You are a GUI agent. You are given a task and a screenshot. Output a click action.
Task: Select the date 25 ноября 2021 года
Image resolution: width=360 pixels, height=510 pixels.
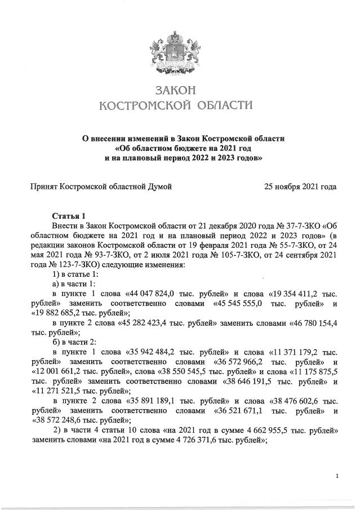[x=300, y=186]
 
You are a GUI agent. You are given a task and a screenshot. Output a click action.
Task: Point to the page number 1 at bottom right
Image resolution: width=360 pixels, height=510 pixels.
[x=336, y=477]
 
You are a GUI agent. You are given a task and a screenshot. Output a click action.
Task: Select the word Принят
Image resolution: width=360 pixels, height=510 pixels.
[x=43, y=186]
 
